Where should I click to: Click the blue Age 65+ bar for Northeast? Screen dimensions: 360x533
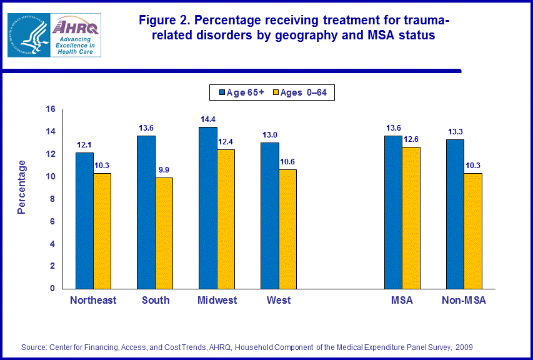pyautogui.click(x=84, y=221)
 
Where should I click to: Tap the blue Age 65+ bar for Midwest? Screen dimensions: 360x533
pyautogui.click(x=208, y=207)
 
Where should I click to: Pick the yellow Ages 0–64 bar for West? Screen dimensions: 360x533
pyautogui.click(x=287, y=229)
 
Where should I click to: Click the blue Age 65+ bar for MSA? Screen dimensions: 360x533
pyautogui.click(x=394, y=212)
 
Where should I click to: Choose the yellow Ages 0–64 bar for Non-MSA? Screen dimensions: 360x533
pyautogui.click(x=473, y=231)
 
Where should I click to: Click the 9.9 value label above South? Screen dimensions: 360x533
pyautogui.click(x=164, y=170)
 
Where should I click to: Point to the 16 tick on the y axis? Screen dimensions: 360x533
pyautogui.click(x=51, y=109)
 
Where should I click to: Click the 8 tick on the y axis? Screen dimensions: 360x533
pyautogui.click(x=53, y=199)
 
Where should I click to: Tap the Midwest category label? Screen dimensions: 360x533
pyautogui.click(x=217, y=301)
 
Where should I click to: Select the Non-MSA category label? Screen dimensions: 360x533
pyautogui.click(x=464, y=301)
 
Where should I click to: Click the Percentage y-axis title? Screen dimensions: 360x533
pyautogui.click(x=22, y=187)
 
